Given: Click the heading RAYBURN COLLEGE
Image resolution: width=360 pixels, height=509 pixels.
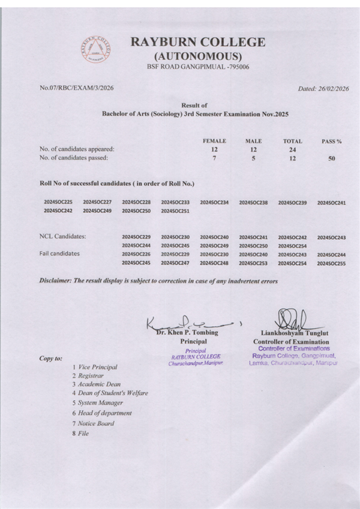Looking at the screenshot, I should point(198,43).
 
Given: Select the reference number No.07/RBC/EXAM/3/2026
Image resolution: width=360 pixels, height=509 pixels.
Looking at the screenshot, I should point(76,88).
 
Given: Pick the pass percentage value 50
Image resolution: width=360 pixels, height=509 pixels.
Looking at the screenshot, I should point(332,159).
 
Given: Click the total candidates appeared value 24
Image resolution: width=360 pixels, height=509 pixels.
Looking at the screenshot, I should point(292,149).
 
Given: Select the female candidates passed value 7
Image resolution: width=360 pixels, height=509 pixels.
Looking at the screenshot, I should point(214,158).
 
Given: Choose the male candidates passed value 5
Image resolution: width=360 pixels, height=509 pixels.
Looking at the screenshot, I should point(253,158).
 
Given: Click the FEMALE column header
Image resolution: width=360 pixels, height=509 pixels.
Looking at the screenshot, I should point(214,140).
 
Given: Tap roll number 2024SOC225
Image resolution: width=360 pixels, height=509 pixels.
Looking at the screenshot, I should point(58,203).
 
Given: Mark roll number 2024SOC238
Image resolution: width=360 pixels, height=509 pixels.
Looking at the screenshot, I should point(253,203).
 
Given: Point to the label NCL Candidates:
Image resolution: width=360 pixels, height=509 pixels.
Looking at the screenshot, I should point(62,237).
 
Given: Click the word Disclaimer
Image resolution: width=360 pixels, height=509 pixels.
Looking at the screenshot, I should point(58,281).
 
